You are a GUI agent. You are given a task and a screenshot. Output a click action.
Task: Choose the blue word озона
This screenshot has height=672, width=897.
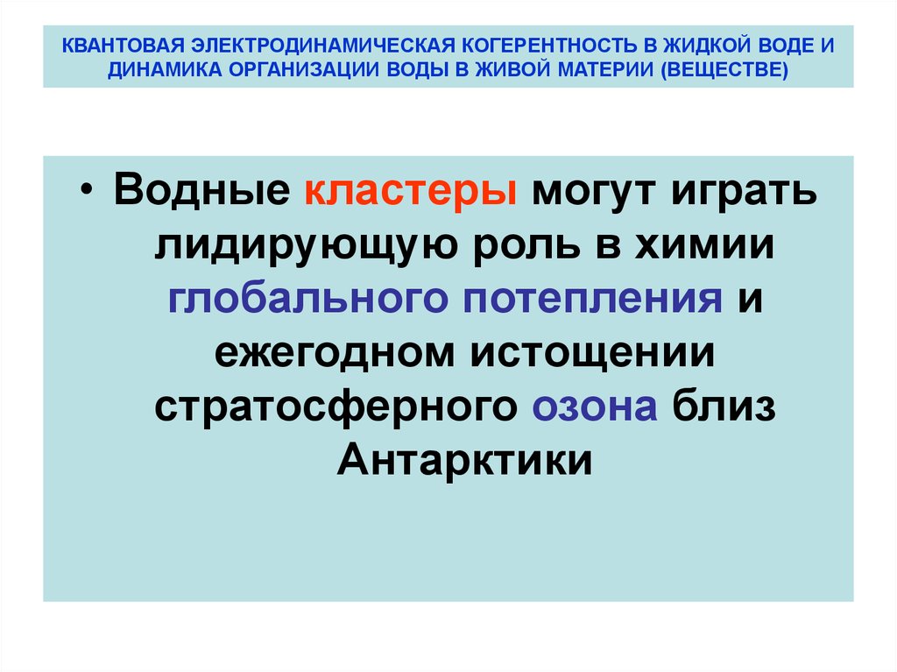point(593,407)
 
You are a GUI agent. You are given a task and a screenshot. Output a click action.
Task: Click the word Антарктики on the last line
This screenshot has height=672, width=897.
point(464,460)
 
